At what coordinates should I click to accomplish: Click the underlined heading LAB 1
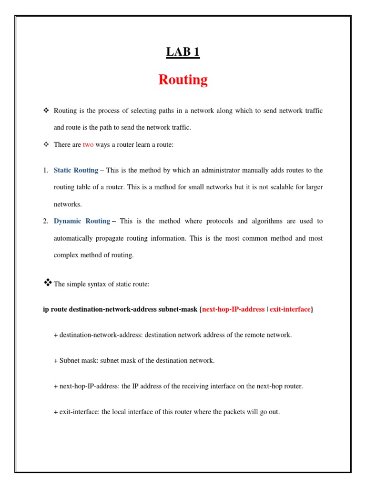coord(183,52)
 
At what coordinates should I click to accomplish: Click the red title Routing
coord(183,80)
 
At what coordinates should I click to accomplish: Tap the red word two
coord(88,145)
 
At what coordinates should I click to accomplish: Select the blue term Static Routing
coord(76,170)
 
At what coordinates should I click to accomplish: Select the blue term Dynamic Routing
coord(81,221)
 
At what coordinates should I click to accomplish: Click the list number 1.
coord(45,170)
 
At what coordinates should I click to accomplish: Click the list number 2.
coord(45,221)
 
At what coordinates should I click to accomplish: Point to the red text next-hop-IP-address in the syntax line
coord(233,309)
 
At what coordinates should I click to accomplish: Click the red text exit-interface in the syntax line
coord(290,309)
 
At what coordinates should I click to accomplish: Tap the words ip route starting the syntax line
coord(55,309)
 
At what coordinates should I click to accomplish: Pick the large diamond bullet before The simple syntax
coord(47,283)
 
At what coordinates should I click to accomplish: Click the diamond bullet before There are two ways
coord(46,145)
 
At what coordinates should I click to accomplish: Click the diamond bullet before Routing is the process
coord(46,111)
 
